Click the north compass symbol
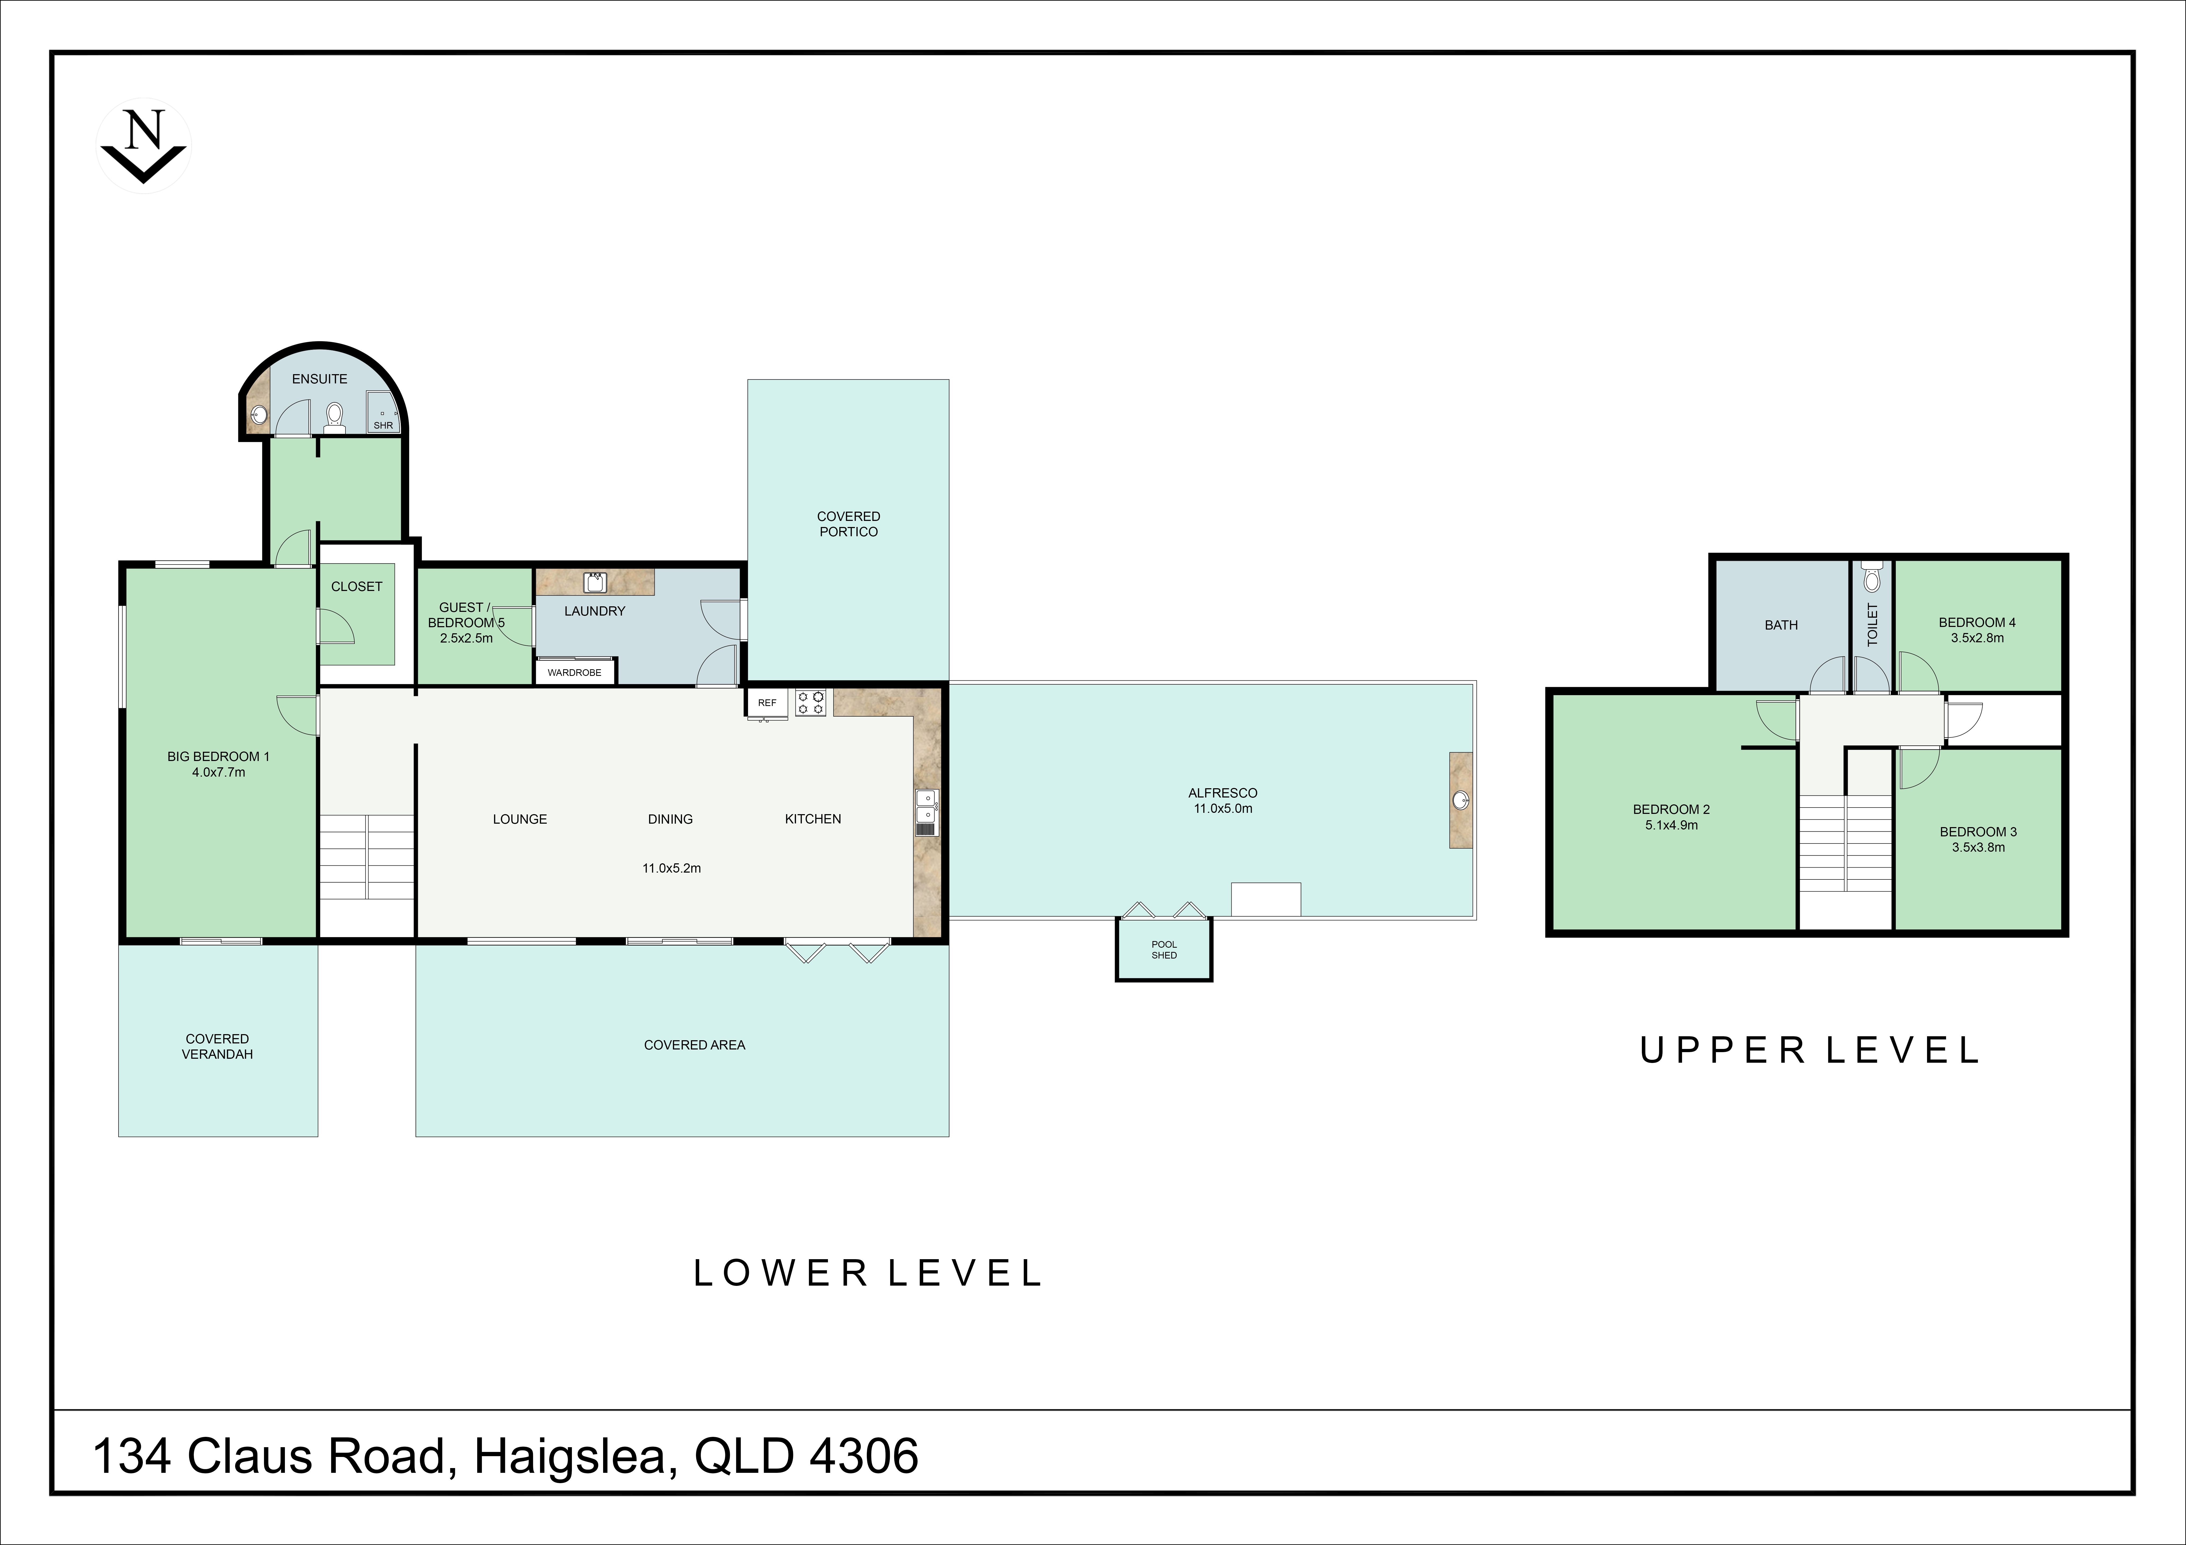coord(144,146)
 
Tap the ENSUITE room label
coord(320,379)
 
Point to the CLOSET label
coord(357,586)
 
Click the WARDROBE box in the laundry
coord(575,672)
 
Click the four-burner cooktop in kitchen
coord(811,703)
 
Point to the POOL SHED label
coord(1164,950)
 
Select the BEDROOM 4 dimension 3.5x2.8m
coord(1978,638)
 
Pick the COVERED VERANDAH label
coord(218,1046)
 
